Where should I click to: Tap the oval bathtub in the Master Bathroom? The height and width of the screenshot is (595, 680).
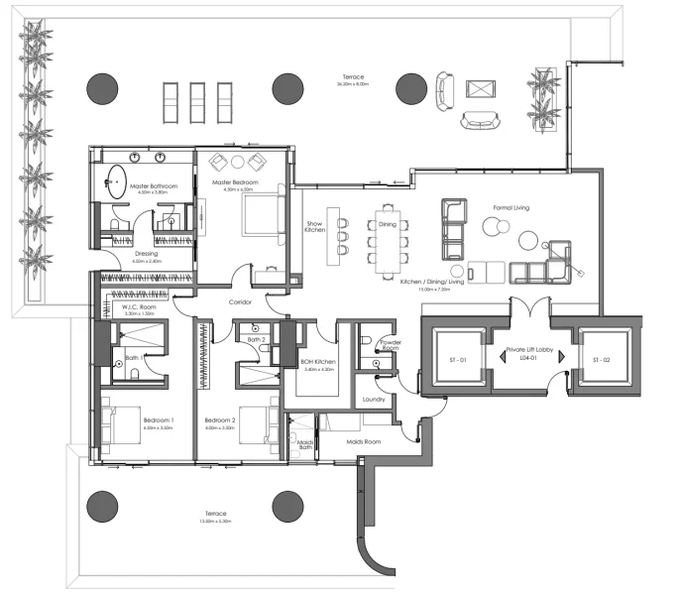point(117,184)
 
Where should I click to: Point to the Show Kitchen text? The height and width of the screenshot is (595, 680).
point(315,228)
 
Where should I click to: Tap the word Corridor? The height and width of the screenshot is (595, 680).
point(241,301)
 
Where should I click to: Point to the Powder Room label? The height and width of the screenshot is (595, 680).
point(391,346)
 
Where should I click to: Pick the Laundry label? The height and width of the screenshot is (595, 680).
point(374,400)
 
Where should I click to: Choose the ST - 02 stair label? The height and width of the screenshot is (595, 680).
point(603,359)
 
